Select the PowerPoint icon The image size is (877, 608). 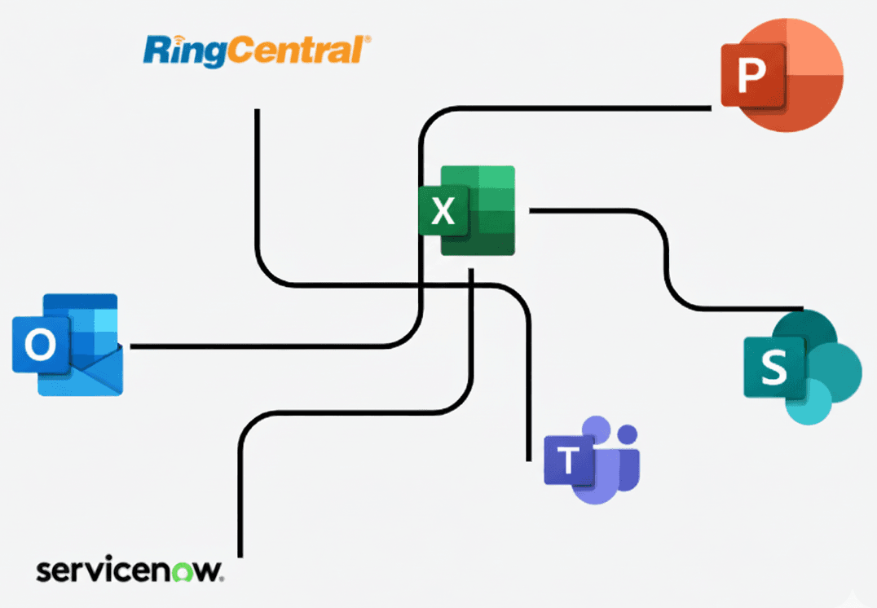point(781,76)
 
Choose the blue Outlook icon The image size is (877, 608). point(68,345)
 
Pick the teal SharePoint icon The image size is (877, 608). point(801,367)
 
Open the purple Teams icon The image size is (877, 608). point(593,460)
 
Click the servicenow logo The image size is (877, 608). point(130,570)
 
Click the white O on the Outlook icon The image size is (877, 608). point(40,346)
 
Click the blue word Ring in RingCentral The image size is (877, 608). point(185,51)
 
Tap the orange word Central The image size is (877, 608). point(293,51)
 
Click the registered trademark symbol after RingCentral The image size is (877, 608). point(367,39)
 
